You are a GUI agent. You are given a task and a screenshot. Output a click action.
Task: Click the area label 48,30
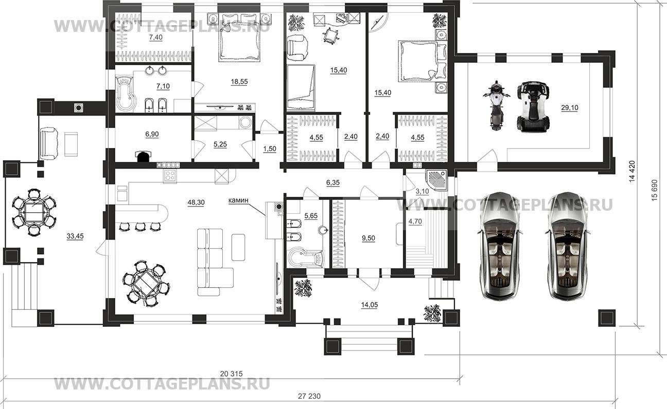[196, 203]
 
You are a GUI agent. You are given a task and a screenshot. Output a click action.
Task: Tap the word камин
[238, 200]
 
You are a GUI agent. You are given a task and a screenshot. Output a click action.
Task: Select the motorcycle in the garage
[496, 105]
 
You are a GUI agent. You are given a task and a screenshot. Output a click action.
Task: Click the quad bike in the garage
[534, 106]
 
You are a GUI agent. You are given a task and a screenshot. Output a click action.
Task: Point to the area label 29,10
[570, 107]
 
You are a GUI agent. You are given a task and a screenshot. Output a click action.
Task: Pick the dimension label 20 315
[232, 374]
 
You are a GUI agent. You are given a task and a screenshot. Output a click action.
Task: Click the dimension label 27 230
[309, 396]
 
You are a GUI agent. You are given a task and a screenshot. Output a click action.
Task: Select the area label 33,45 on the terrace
[75, 236]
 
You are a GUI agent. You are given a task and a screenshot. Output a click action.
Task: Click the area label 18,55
[239, 82]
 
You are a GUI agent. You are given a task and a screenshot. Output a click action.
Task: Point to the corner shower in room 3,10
[436, 180]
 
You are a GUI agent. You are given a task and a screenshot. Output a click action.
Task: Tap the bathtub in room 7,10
[126, 94]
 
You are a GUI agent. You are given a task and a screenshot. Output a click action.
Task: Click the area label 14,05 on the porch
[369, 305]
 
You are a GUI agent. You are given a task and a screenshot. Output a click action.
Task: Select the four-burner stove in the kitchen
[170, 176]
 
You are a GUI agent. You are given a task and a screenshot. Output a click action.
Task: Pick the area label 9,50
[368, 238]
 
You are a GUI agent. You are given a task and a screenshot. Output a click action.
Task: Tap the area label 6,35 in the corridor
[332, 183]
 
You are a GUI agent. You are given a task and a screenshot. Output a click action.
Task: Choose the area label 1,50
[270, 149]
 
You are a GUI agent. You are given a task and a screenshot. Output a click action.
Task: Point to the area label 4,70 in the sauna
[415, 222]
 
